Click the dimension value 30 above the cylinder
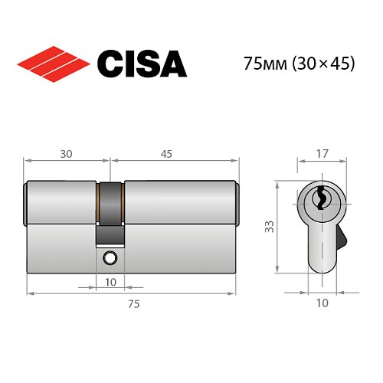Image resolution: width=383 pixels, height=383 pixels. (67, 153)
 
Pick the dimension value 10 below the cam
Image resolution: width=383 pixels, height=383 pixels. (110, 282)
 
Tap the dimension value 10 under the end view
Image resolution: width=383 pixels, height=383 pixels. (321, 303)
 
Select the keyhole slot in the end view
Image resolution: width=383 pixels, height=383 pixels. (319, 199)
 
